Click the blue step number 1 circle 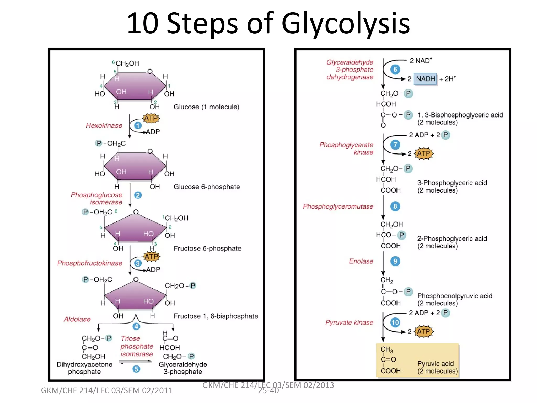tap(138, 125)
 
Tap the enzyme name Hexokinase tap(104, 125)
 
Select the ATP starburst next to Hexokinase tap(151, 118)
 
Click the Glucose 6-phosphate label tap(207, 187)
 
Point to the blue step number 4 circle tap(136, 326)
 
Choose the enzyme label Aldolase tap(77, 319)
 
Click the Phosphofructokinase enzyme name tap(90, 263)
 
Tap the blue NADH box tap(425, 79)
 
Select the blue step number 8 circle tap(395, 206)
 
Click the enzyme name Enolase tap(361, 261)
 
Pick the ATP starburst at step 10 tap(423, 331)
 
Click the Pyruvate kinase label tap(349, 322)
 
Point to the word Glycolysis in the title tap(345, 24)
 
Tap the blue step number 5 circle tap(136, 369)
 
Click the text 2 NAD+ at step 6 tap(421, 61)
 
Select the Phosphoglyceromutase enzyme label tap(338, 206)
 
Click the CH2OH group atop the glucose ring tap(127, 63)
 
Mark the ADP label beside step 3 tap(153, 269)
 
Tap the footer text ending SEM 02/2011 tap(107, 390)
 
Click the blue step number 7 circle tap(395, 145)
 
